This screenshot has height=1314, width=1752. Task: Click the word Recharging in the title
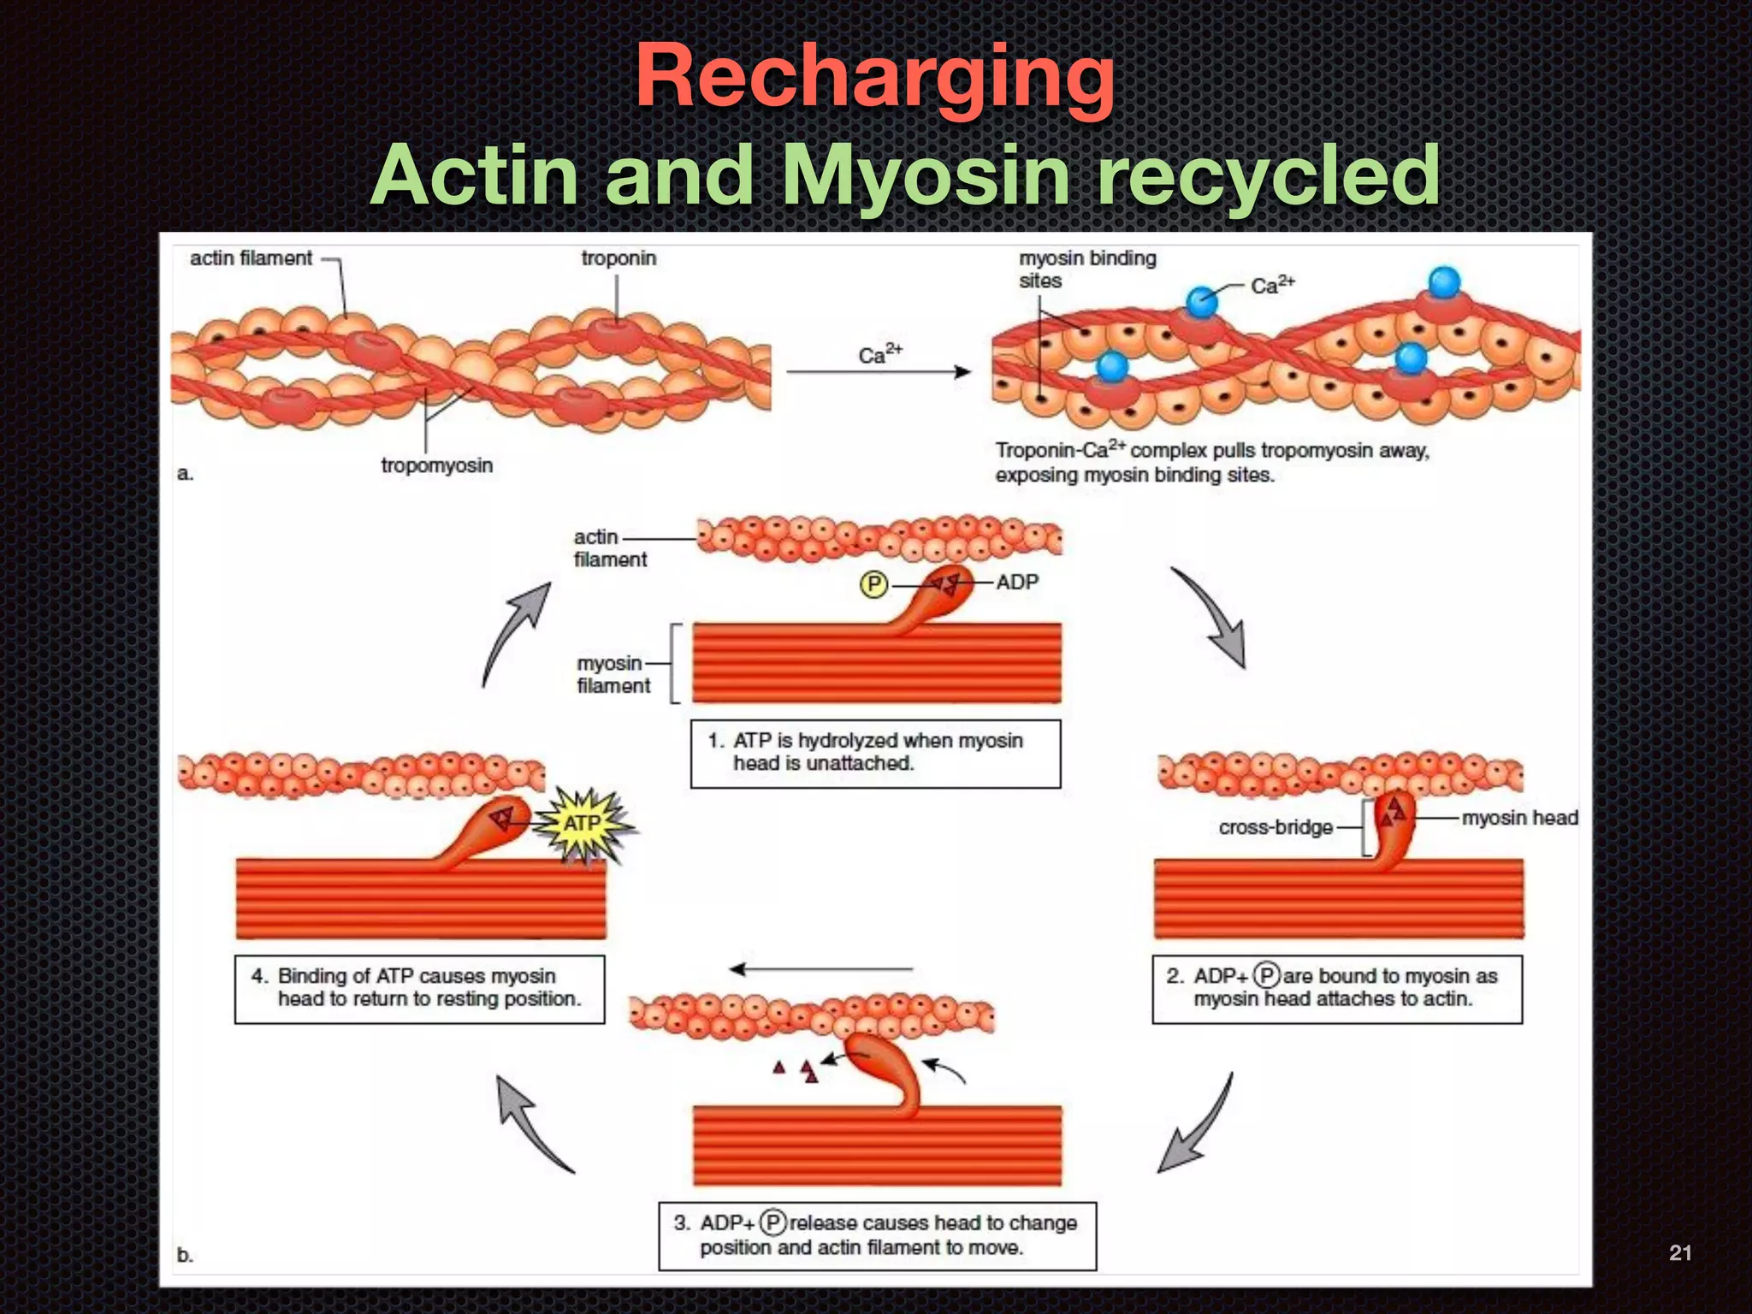(x=874, y=79)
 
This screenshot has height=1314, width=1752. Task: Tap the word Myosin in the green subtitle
(x=926, y=175)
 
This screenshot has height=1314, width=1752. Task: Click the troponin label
(x=619, y=258)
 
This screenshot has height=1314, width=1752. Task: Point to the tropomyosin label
(x=436, y=465)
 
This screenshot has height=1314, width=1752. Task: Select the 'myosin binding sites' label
(x=1086, y=269)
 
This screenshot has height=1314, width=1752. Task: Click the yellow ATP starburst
(x=584, y=824)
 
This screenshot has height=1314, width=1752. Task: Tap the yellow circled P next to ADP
(x=873, y=584)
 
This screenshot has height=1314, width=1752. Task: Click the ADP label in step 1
(x=1016, y=583)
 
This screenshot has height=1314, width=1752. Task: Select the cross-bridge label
(x=1275, y=827)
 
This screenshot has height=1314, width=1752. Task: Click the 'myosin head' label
(x=1519, y=818)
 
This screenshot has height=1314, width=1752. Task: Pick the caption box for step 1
(x=875, y=753)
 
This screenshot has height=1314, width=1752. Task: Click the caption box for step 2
(x=1336, y=989)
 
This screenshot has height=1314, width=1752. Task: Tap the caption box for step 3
(x=877, y=1235)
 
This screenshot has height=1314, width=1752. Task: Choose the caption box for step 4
(x=419, y=989)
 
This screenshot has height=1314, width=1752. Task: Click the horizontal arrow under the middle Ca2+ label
(x=878, y=372)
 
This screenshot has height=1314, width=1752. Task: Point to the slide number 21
(x=1679, y=1253)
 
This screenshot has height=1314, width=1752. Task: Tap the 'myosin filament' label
(x=613, y=675)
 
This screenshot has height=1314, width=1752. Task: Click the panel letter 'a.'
(x=185, y=473)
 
